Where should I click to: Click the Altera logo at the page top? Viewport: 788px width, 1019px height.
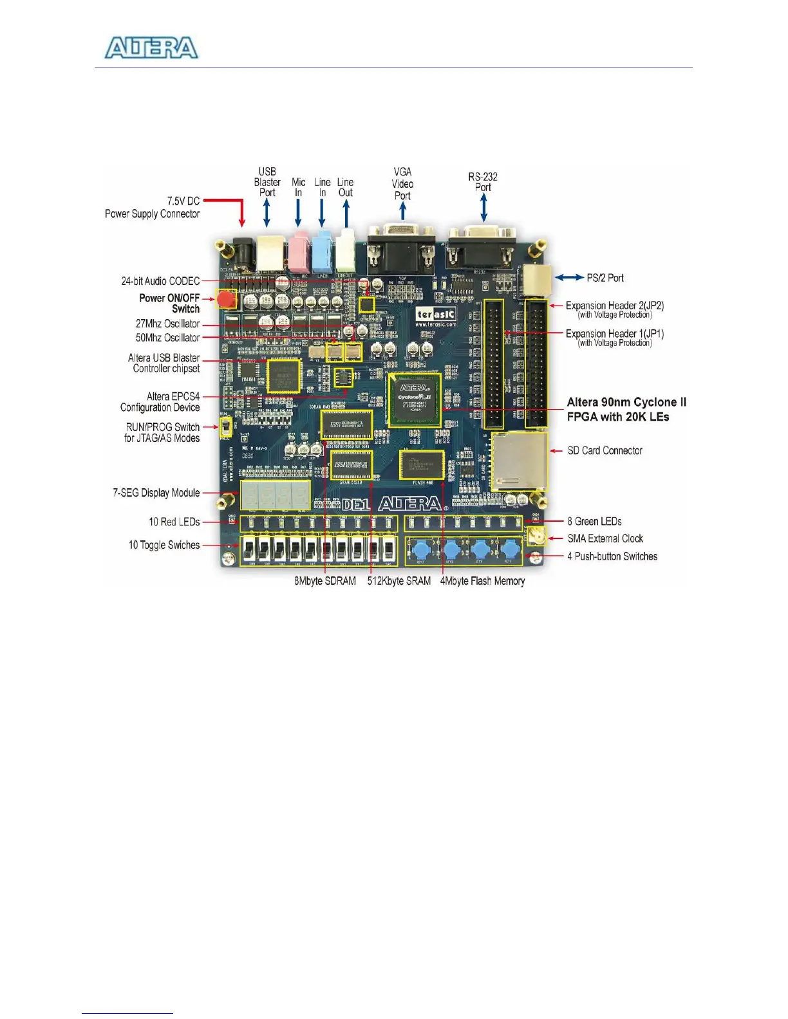(x=151, y=48)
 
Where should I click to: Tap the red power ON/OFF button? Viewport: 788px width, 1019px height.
(x=225, y=300)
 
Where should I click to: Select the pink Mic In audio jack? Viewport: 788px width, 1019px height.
(x=299, y=253)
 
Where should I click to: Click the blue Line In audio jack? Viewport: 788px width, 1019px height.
(x=322, y=253)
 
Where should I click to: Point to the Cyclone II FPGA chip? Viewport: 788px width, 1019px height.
(x=414, y=399)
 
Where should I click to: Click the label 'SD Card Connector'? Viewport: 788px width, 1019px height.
(x=605, y=450)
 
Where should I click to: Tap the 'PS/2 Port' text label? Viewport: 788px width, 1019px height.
(x=605, y=278)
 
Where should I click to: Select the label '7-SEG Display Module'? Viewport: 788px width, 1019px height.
(x=156, y=493)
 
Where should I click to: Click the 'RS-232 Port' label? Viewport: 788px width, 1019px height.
(x=483, y=181)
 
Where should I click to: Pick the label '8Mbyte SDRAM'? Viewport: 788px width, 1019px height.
(x=325, y=581)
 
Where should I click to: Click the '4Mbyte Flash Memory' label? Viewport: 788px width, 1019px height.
(x=482, y=581)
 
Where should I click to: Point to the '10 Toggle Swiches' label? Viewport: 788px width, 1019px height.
(x=164, y=545)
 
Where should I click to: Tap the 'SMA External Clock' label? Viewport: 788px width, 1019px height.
(x=605, y=538)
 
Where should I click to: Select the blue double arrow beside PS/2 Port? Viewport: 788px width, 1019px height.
(x=569, y=277)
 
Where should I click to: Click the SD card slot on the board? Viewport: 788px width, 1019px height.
(x=518, y=461)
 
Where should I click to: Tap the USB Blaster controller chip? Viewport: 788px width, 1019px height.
(x=284, y=376)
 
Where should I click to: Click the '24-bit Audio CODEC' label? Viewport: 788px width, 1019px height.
(x=160, y=281)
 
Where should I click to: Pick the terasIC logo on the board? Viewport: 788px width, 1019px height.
(x=436, y=314)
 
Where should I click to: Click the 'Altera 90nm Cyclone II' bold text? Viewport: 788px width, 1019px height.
(x=626, y=402)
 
